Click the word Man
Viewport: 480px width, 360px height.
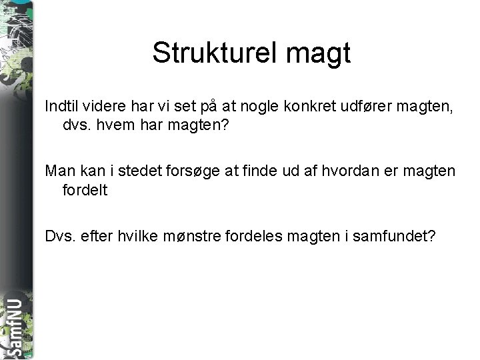pyautogui.click(x=59, y=171)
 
